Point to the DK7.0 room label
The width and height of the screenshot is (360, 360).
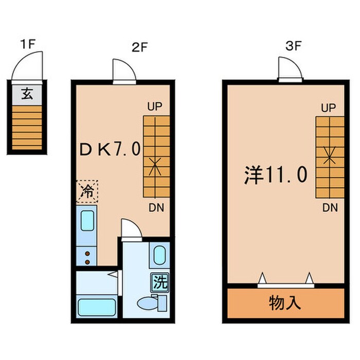(110, 149)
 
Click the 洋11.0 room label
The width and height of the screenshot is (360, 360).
(276, 175)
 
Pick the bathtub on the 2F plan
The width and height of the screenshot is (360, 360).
(98, 308)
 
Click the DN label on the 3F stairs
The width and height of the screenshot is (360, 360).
(330, 208)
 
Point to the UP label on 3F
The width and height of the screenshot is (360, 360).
(328, 108)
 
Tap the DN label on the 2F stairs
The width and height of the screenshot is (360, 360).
(156, 208)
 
